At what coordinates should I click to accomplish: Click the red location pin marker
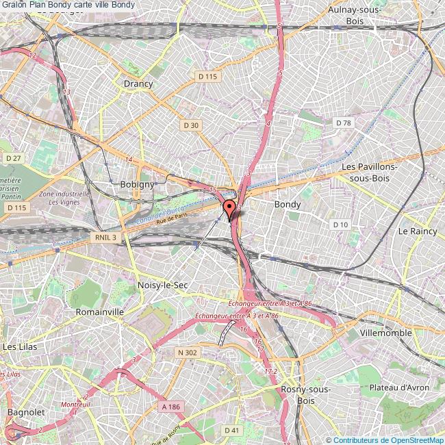pyautogui.click(x=229, y=208)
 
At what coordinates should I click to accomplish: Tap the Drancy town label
pyautogui.click(x=138, y=84)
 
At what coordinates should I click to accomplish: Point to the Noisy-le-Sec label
pyautogui.click(x=163, y=285)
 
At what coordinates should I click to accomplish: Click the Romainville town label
pyautogui.click(x=100, y=311)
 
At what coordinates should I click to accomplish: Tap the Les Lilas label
pyautogui.click(x=20, y=347)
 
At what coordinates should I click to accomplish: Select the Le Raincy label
pyautogui.click(x=418, y=232)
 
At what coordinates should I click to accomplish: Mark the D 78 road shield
pyautogui.click(x=343, y=123)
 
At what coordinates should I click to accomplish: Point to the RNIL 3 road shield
pyautogui.click(x=103, y=237)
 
